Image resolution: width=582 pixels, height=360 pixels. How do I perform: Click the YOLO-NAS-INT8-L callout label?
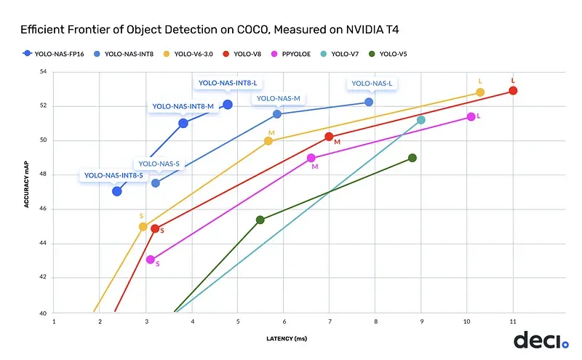coord(228,83)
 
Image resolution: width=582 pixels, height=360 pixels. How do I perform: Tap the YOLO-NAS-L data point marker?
coord(369,102)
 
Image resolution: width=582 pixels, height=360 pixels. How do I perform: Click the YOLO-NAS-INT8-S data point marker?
coord(117,191)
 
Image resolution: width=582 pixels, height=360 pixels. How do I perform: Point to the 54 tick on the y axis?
coord(42,72)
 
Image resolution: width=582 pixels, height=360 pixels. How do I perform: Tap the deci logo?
coord(541,340)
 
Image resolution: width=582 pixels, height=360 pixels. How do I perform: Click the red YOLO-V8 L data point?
coord(513,91)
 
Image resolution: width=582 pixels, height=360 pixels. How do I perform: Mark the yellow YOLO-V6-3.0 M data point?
coord(268,141)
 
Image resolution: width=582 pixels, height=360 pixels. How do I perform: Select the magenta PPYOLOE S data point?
coord(151,259)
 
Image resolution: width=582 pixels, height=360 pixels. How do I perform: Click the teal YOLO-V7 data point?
coord(420,120)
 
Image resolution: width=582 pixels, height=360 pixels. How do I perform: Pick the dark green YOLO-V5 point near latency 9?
coord(412,158)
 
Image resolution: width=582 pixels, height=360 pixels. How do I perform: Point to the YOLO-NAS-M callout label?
coord(276,98)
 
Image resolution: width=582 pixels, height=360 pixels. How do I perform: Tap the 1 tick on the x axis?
coord(54,321)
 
